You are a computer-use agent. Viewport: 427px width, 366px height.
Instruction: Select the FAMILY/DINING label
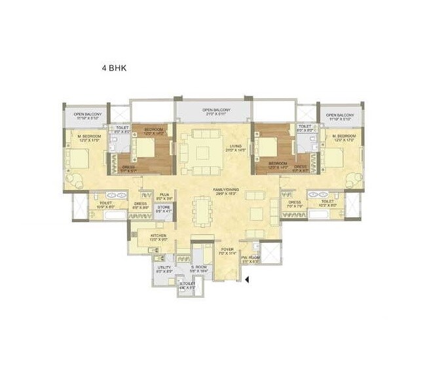coord(225,191)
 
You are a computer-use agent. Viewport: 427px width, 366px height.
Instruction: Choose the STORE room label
coord(164,209)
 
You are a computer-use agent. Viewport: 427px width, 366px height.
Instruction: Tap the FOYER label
coord(227,250)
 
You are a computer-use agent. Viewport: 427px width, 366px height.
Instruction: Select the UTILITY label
coord(164,268)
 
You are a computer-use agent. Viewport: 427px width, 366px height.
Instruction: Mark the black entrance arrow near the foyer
coord(248,281)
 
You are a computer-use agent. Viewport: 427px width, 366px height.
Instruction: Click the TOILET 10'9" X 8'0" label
coord(106,204)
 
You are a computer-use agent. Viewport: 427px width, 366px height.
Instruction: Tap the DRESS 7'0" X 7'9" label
coord(293,204)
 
